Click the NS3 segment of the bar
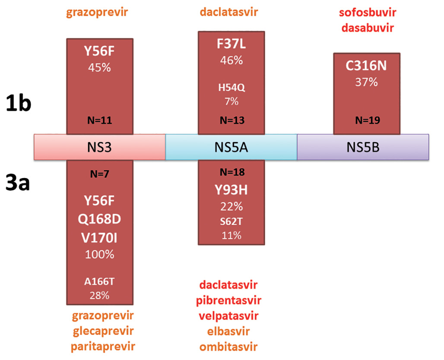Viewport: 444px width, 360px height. click(100, 147)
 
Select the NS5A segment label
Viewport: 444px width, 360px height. click(231, 147)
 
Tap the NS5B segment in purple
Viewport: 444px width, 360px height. click(363, 147)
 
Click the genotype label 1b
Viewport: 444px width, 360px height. click(18, 104)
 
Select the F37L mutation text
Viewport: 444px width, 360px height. click(231, 45)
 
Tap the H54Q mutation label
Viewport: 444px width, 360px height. click(231, 88)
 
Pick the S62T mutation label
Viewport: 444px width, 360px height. click(231, 222)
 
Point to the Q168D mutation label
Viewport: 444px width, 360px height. click(100, 219)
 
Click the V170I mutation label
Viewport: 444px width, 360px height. click(100, 237)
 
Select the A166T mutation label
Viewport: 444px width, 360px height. click(100, 282)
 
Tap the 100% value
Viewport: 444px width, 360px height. click(100, 254)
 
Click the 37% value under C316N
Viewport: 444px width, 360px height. click(366, 82)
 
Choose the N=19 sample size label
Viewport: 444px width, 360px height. click(366, 121)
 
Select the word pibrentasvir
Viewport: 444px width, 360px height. click(230, 300)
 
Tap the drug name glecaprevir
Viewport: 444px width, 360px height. click(100, 331)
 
